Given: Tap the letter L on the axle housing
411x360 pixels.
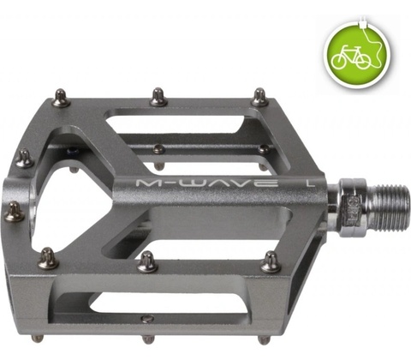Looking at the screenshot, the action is click(311, 183).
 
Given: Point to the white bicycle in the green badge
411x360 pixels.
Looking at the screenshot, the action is click(351, 57).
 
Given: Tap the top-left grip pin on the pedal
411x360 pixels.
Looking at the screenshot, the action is click(62, 98).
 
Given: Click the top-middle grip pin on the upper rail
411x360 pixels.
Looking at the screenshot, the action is click(158, 97).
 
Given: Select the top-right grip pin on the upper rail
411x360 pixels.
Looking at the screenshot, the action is click(259, 97).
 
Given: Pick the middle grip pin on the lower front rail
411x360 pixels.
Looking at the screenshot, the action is click(147, 261).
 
